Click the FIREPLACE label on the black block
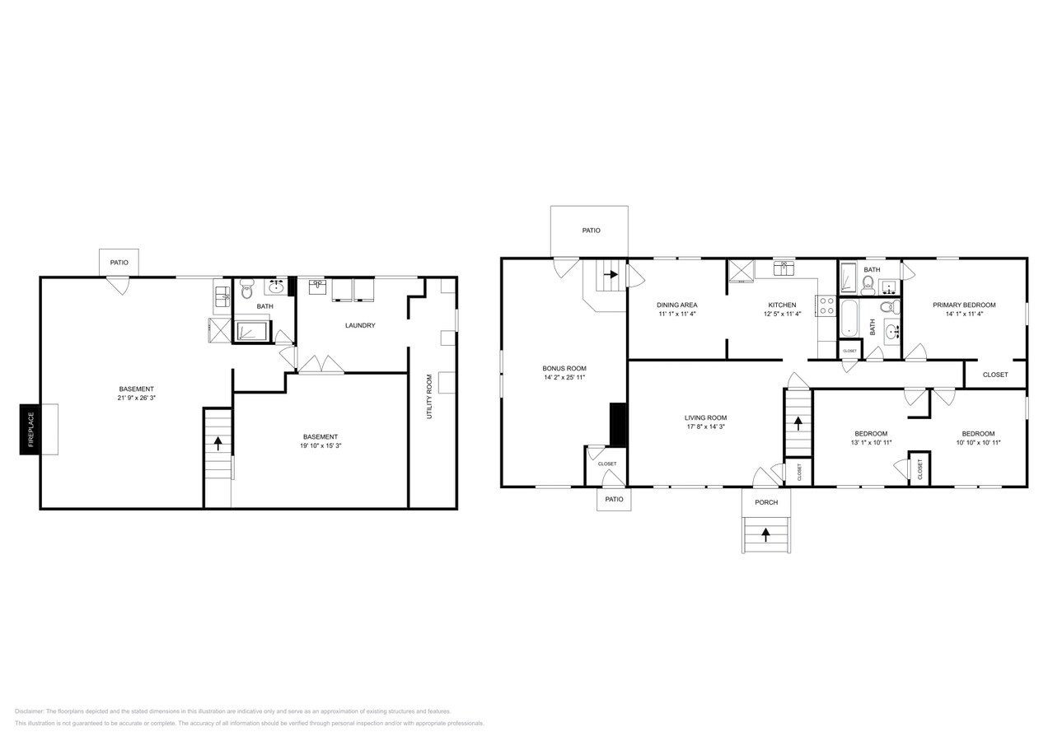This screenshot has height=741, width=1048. (30, 429)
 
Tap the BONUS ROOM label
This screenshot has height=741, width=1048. (564, 368)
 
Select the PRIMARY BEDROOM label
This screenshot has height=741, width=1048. (964, 305)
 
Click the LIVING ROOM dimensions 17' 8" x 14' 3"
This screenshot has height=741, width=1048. (705, 426)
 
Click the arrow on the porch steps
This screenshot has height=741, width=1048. (765, 534)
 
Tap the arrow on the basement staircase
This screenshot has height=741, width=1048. (218, 442)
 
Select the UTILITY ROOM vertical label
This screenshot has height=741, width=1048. (429, 397)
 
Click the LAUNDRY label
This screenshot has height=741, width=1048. (360, 325)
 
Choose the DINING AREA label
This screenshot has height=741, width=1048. (676, 305)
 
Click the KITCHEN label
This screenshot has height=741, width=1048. (782, 305)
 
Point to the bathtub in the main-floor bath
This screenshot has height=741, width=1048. (849, 318)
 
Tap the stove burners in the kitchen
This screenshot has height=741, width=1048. (826, 306)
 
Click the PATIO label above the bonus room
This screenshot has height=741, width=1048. (591, 231)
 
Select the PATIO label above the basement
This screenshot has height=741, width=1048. (119, 263)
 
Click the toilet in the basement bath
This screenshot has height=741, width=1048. (246, 290)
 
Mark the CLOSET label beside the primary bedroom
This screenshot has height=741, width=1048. (995, 375)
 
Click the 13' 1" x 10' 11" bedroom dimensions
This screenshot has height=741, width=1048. (870, 443)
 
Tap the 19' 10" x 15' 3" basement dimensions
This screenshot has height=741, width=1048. (320, 445)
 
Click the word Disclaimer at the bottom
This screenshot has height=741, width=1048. (29, 711)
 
